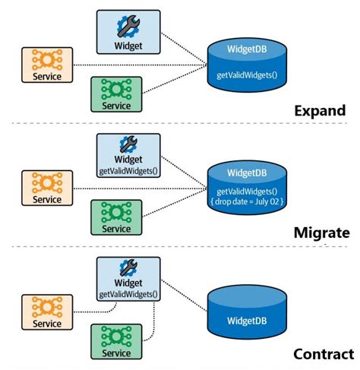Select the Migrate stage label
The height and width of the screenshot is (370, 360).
click(322, 232)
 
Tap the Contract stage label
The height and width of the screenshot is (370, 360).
click(323, 354)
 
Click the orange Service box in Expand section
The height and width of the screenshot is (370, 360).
click(47, 64)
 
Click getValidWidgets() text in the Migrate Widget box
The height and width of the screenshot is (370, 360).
click(129, 169)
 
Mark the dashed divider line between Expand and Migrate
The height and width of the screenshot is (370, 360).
click(180, 123)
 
